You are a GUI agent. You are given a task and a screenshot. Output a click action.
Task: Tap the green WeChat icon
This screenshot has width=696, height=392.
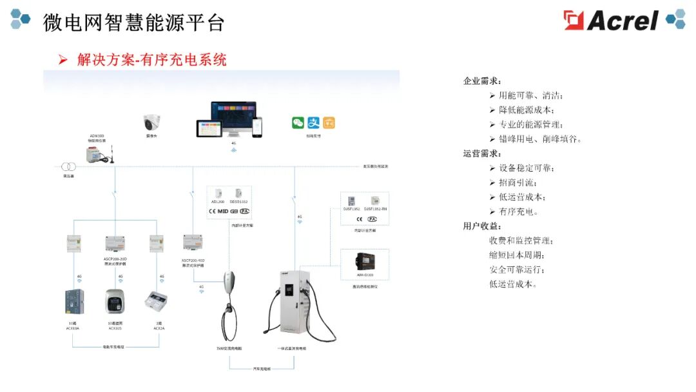(x=298, y=122)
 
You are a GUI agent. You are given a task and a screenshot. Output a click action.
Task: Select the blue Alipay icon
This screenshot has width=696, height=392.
(x=313, y=122)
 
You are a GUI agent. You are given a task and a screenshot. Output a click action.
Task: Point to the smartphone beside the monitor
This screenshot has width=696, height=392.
(x=256, y=127)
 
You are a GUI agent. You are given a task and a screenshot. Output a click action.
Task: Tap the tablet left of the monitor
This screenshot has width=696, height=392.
(x=209, y=128)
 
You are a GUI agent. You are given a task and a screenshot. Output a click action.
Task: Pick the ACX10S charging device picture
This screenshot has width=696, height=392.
(x=116, y=302)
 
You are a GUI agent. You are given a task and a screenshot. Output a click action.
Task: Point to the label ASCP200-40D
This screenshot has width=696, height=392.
(x=193, y=260)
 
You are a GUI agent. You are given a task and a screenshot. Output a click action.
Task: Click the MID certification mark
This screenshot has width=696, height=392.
(x=223, y=211)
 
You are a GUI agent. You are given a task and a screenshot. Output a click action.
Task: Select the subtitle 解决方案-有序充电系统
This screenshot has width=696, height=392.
(x=151, y=60)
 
